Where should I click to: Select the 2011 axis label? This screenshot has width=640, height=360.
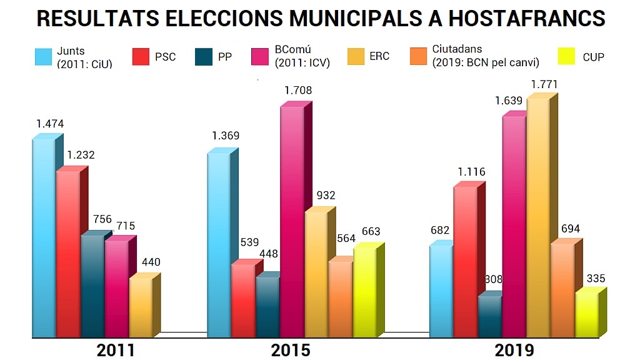[x=116, y=350]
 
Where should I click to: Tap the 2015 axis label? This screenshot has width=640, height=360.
[x=291, y=350]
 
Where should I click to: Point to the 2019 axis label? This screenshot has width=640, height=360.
[x=514, y=350]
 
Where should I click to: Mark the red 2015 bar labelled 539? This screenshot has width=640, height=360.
[x=243, y=300]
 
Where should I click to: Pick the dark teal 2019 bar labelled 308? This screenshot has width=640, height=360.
[x=489, y=316]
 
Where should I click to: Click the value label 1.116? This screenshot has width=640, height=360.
[x=471, y=172]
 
